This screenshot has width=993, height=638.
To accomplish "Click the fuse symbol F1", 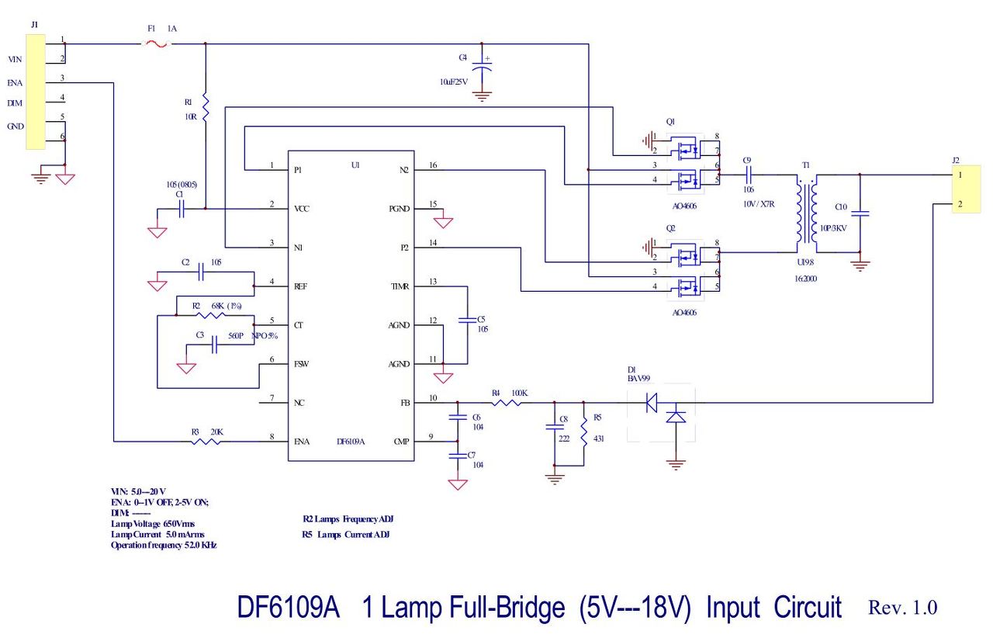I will [158, 45].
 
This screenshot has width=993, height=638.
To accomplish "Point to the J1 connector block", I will [36, 92].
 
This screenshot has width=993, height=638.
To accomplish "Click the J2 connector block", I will [960, 189].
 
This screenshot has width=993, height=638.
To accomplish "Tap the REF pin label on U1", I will [302, 286].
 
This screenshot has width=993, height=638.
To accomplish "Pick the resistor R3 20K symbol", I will [208, 442].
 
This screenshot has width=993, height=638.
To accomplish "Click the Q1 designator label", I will [670, 122].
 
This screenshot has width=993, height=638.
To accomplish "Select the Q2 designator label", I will [670, 229].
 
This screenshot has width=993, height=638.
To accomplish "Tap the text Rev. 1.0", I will [902, 607].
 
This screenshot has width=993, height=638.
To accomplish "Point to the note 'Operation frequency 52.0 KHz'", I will [164, 546].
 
